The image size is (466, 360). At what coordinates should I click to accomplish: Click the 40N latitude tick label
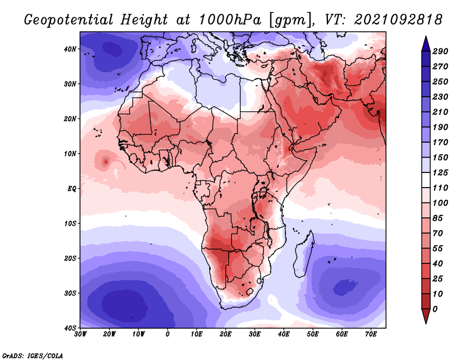pos(70,49)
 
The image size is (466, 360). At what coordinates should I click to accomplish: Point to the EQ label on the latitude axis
pos(72,189)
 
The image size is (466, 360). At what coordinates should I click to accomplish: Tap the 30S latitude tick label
pos(70,294)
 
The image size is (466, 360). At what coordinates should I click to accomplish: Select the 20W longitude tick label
pos(109,334)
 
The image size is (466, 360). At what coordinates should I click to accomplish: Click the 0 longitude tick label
pos(168,334)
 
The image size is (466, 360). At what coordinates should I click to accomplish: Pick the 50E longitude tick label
pos(313,334)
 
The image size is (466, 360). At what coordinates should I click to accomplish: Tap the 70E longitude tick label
pos(371,334)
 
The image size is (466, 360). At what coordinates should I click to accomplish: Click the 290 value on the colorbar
pos(440,51)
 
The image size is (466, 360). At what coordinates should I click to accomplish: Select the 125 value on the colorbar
pos(440,172)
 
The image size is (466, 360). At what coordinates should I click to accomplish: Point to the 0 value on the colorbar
pos(435,309)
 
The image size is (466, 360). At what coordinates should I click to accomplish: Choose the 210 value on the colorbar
pos(440,112)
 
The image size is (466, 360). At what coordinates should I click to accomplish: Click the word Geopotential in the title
pos(69,20)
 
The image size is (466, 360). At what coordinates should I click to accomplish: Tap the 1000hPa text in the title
pos(230,20)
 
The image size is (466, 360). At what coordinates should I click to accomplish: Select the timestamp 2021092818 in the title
pos(398,20)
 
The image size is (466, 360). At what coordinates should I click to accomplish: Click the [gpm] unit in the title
pos(288,20)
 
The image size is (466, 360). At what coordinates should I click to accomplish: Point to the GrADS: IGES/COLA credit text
pos(33,356)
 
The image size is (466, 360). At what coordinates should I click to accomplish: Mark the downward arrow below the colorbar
pos(426,316)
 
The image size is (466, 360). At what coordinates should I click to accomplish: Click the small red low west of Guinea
pos(105,162)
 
